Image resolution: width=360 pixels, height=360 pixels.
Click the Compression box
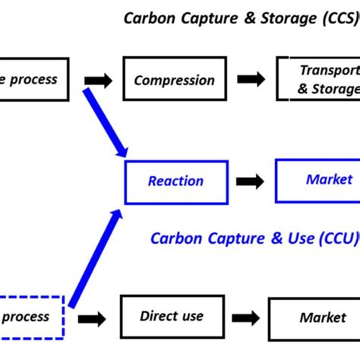pos(174,80)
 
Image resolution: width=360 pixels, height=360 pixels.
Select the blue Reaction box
pos(175,182)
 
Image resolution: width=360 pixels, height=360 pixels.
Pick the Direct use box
pos(172,295)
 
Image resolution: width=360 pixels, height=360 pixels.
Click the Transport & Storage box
pos(318,80)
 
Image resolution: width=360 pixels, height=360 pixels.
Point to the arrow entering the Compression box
pos(98,80)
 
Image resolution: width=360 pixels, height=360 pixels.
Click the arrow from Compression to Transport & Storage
pos(251,80)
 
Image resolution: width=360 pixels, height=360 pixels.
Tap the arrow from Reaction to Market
pos(251,182)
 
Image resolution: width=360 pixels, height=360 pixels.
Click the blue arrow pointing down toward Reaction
pos(104,122)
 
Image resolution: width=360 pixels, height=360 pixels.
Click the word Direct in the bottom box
pos(158,295)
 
